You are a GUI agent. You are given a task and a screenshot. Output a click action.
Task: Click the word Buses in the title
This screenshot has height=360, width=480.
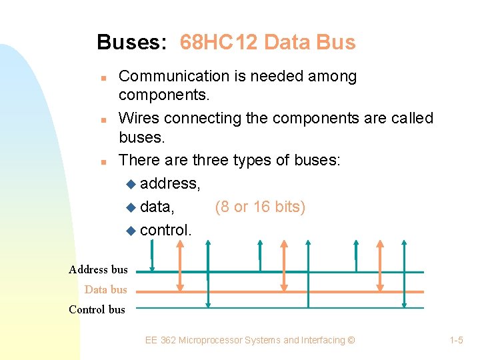130,43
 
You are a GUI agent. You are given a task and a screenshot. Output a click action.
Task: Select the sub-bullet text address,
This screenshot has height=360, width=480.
169,183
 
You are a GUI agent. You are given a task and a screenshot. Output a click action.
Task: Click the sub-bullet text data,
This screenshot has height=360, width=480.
158,207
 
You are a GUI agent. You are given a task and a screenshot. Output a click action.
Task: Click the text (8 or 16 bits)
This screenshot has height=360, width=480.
260,207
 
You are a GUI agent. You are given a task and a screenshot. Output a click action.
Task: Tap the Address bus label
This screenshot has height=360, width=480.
98,269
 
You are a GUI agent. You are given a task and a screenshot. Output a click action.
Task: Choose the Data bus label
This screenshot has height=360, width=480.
105,289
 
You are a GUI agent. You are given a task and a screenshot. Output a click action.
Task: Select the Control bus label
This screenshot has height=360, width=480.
97,309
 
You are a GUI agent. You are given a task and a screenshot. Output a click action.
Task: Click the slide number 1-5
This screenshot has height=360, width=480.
457,340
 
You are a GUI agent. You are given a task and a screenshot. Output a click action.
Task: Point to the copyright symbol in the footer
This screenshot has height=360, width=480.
351,340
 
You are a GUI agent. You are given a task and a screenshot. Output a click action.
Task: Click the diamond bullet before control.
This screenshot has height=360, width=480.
131,231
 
